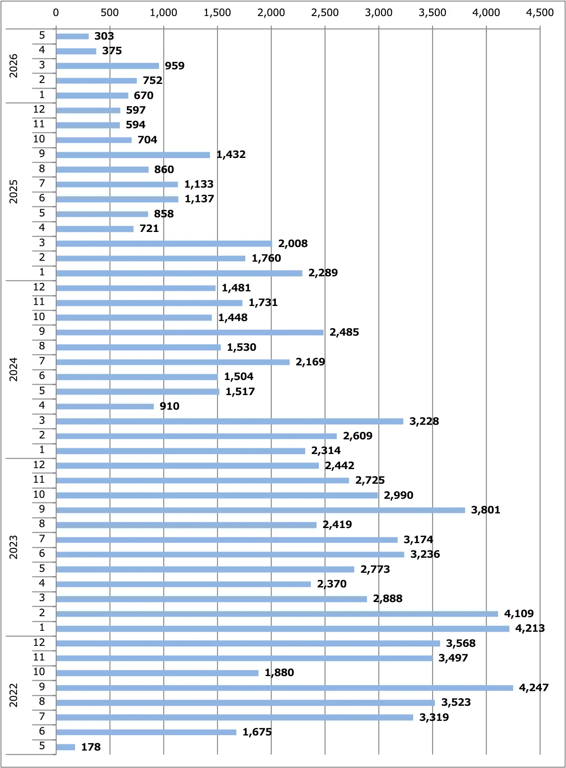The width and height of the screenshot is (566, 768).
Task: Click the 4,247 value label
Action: [x=533, y=687]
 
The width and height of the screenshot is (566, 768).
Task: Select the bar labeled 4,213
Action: [x=283, y=628]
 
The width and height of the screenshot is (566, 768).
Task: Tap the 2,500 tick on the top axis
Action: [x=325, y=13]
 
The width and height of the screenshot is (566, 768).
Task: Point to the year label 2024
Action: [x=13, y=369]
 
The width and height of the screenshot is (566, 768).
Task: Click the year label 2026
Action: [x=13, y=66]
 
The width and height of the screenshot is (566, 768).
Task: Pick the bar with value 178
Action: [x=66, y=747]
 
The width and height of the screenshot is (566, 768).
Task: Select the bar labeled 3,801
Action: [x=261, y=510]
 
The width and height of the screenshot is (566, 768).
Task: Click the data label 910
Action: [x=169, y=406]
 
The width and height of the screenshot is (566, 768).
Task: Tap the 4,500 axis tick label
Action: [x=540, y=13]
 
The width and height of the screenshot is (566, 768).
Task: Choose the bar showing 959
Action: [x=108, y=66]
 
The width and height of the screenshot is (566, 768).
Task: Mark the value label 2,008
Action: [x=292, y=243]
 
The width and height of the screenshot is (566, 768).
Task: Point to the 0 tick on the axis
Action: [x=56, y=13]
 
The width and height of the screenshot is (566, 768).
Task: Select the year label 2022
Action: [x=13, y=695]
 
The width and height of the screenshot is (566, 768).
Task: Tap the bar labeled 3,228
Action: [x=230, y=421]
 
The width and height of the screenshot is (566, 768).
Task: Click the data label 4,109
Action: [x=519, y=613]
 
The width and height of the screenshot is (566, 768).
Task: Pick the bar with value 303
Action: [x=72, y=36]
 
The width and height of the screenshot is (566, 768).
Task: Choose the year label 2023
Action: [x=13, y=547]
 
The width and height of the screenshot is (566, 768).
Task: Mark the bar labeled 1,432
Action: [x=133, y=155]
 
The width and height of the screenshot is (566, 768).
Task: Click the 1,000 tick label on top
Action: [x=163, y=13]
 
